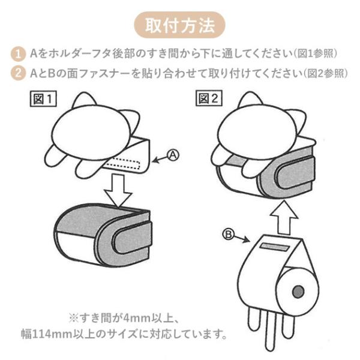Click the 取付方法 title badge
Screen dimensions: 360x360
179,25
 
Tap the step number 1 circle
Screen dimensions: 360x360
18,54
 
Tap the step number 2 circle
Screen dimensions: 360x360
18,73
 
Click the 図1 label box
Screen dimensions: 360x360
43,99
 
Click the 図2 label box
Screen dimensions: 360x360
209,98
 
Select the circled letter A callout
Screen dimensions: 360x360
173,155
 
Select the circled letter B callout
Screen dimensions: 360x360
228,235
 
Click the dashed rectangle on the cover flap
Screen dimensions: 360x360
124,164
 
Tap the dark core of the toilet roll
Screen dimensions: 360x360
298,292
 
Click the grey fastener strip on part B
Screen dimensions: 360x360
275,247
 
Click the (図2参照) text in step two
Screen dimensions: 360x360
325,73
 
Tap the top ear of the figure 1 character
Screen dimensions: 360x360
84,100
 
